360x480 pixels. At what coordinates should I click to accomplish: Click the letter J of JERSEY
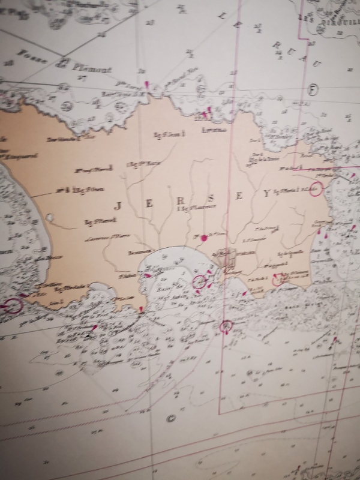[118, 205]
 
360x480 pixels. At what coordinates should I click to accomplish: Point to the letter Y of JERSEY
[266, 193]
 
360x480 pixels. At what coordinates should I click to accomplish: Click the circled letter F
[311, 89]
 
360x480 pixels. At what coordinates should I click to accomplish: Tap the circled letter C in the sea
[169, 419]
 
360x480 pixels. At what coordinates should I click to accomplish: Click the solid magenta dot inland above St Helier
[205, 238]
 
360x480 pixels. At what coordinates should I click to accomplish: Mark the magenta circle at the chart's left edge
[13, 306]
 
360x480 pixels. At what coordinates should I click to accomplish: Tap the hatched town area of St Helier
[229, 259]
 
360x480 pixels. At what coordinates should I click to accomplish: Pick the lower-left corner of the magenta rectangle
[220, 413]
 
